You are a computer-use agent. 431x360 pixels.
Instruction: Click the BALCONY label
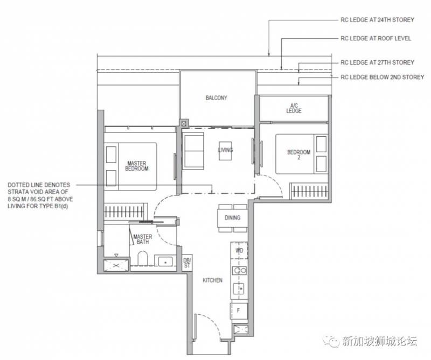coord(217,98)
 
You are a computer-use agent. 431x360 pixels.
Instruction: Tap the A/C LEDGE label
coord(294,108)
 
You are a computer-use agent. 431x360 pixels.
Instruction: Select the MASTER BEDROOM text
coord(137,166)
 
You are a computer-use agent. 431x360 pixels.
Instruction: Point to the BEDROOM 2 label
coord(299,154)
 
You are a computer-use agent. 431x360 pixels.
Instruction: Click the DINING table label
coord(233,218)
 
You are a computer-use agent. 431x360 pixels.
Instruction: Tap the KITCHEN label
coord(212,280)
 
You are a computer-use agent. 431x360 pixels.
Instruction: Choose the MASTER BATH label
coord(143,239)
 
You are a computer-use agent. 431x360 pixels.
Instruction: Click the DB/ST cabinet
coord(187,263)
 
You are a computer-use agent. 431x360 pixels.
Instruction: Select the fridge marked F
coord(239,311)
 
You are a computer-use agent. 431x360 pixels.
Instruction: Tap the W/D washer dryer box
coord(239,250)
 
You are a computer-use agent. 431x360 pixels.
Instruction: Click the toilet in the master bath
coord(143,258)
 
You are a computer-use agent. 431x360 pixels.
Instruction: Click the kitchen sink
coord(239,288)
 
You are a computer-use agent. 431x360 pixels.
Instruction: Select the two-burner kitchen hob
coord(239,271)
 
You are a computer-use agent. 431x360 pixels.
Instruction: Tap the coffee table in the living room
coord(225,151)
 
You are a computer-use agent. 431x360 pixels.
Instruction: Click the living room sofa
coord(193,151)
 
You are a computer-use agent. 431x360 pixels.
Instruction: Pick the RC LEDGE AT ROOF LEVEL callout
coord(376,38)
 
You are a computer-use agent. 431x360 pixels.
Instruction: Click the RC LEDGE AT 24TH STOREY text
coord(377,20)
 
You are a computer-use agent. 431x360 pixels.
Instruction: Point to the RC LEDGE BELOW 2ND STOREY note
coord(382,77)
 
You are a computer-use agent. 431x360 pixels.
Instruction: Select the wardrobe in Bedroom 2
coord(309,191)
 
